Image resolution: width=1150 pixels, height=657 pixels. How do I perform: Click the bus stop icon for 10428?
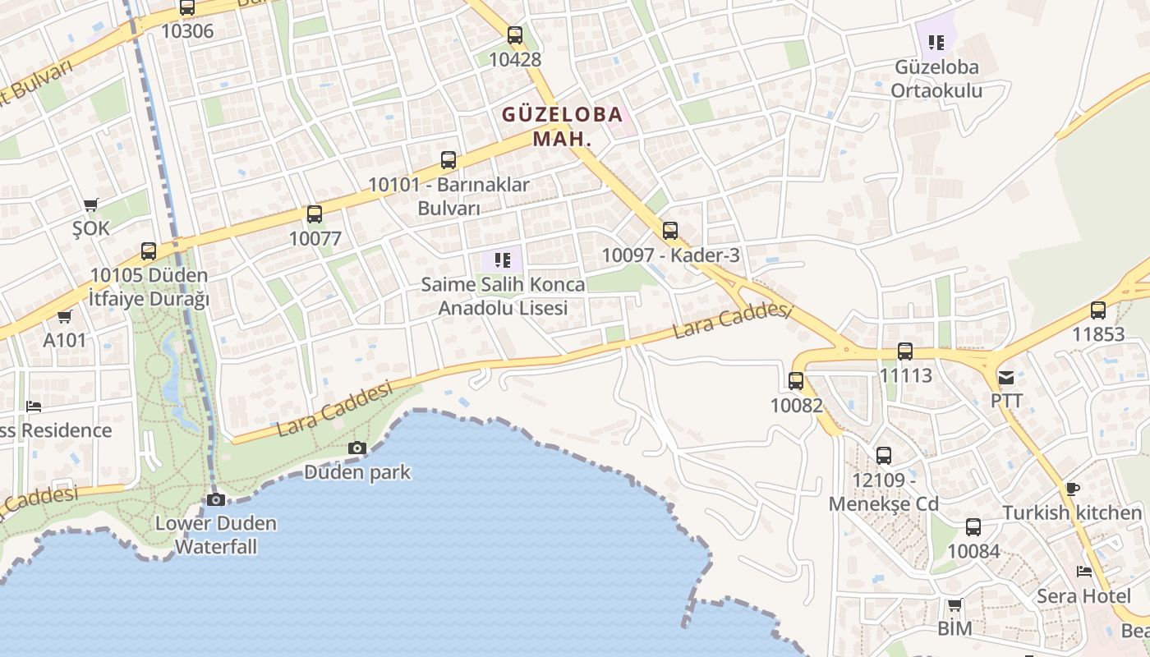click(x=515, y=35)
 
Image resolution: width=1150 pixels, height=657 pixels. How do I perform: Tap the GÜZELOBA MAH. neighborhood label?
click(x=563, y=126)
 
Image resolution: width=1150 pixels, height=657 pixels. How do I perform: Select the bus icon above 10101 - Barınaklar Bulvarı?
click(x=448, y=160)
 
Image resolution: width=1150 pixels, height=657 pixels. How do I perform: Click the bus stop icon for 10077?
click(x=315, y=214)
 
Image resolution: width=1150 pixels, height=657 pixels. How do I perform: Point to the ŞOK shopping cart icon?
click(x=90, y=204)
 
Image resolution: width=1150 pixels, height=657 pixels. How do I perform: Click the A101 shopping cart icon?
click(x=64, y=316)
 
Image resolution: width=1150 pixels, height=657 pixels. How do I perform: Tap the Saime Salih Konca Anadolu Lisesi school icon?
click(x=503, y=261)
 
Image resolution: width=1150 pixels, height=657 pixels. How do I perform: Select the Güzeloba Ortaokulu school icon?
click(x=936, y=42)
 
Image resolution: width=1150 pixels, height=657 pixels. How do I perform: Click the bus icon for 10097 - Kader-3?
click(x=670, y=231)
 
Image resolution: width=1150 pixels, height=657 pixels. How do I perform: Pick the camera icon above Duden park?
click(x=357, y=448)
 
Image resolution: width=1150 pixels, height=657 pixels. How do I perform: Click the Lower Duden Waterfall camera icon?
click(x=216, y=499)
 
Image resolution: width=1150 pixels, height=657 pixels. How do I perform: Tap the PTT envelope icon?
click(x=1006, y=378)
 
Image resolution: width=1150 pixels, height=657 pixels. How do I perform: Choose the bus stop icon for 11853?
click(x=1098, y=310)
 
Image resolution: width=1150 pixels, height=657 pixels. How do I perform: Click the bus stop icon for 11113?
click(x=905, y=351)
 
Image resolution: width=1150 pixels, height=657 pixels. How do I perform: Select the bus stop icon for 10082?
click(x=796, y=381)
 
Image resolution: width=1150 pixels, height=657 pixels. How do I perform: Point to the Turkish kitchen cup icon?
click(x=1072, y=489)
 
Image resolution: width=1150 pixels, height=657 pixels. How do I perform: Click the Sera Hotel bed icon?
click(x=1084, y=572)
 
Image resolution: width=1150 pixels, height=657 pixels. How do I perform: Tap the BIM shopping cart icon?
click(x=954, y=605)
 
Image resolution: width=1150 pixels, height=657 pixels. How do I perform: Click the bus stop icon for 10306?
click(x=187, y=8)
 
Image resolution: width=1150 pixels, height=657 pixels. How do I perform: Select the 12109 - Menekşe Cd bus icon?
click(x=884, y=456)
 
